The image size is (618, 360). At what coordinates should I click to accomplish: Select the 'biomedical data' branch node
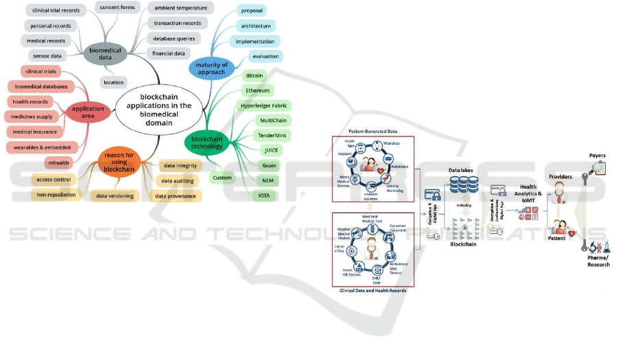(105, 53)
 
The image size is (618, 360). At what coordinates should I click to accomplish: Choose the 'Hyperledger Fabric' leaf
(264, 106)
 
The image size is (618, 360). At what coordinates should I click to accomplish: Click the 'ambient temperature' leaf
(180, 8)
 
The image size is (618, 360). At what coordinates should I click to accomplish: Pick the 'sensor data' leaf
(47, 56)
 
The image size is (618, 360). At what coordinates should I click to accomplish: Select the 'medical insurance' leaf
(35, 132)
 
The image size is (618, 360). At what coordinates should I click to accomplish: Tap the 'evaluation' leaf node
(265, 56)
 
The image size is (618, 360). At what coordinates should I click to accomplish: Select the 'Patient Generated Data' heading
(373, 131)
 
